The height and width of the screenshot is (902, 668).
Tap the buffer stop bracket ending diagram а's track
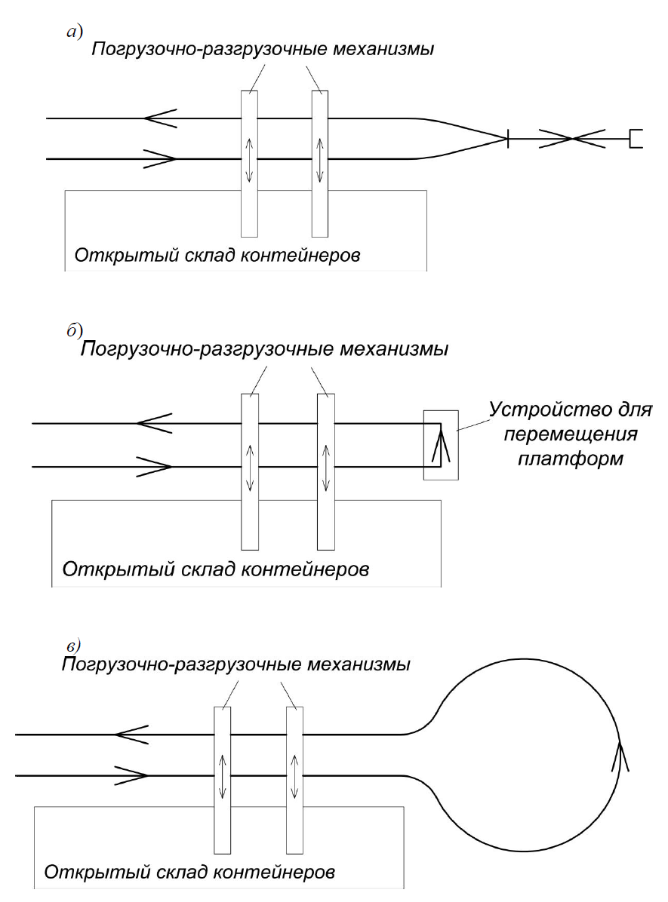(636, 139)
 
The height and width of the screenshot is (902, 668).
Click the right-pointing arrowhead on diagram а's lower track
(160, 159)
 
